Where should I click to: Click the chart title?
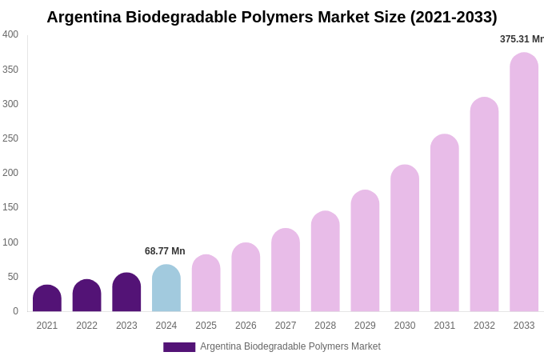[271, 17]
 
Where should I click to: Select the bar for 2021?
[47, 298]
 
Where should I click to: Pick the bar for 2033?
[524, 182]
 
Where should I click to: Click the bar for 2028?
[325, 262]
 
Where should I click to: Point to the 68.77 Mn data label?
[165, 251]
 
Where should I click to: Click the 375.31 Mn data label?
[522, 39]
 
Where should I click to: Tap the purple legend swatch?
[179, 347]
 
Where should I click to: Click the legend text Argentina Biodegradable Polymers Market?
[290, 346]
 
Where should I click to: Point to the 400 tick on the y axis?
[10, 34]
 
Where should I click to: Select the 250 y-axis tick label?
[10, 138]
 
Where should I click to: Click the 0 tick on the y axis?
[15, 311]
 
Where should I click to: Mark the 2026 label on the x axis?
[246, 326]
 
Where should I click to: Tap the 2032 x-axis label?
[484, 326]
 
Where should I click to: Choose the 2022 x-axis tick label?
[87, 326]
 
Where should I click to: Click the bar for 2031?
[445, 223]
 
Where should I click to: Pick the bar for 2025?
[206, 283]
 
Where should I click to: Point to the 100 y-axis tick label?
[10, 242]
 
